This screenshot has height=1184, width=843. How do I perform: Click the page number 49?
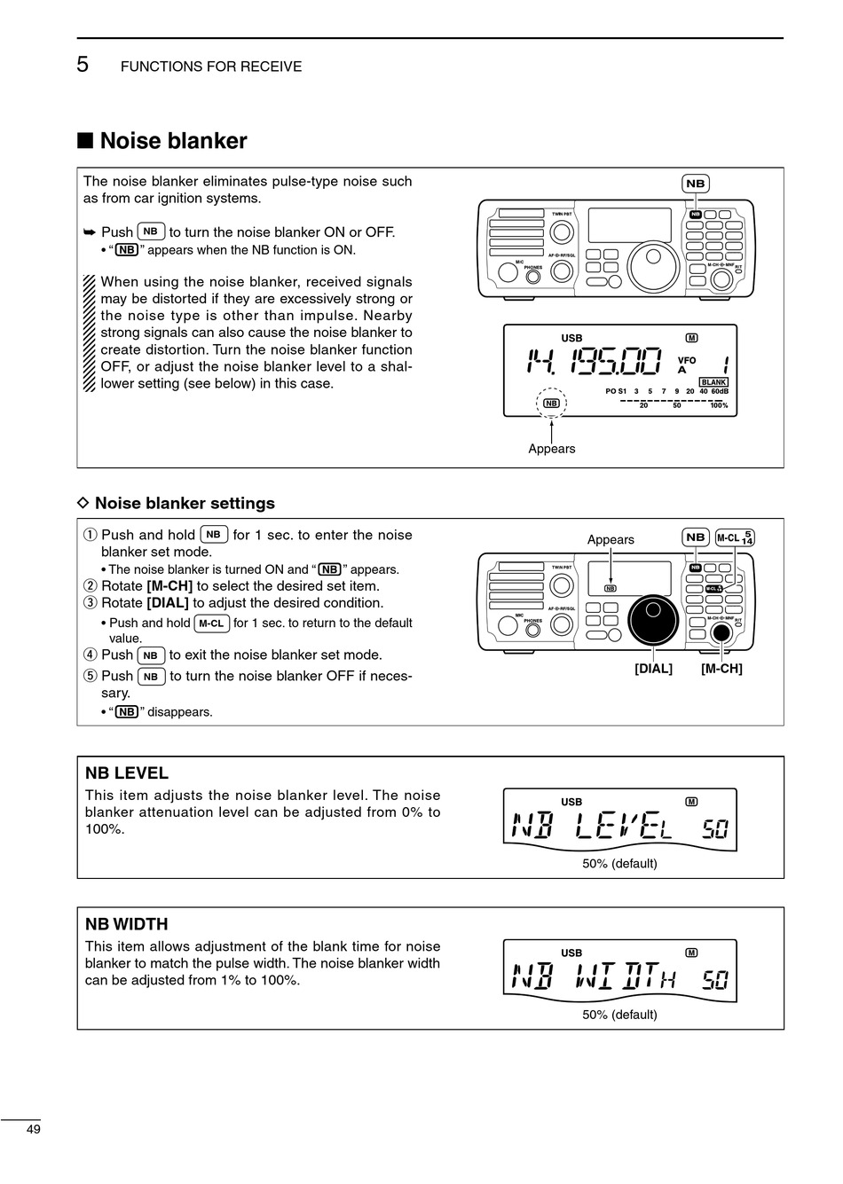34,1129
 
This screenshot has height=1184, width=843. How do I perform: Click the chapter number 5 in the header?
83,65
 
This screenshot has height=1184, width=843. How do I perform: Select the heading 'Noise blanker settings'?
185,503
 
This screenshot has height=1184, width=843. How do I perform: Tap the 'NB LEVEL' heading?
127,772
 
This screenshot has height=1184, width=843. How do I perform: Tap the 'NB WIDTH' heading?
127,923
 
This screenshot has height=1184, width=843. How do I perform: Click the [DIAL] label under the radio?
653,668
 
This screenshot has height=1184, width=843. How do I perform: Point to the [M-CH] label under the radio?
721,668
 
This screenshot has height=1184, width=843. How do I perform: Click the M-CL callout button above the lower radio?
735,537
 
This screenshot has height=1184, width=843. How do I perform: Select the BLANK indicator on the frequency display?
713,382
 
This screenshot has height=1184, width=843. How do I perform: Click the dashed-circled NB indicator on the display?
551,403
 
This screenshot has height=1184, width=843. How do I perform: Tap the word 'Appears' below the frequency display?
551,449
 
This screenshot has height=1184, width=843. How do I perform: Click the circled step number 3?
90,603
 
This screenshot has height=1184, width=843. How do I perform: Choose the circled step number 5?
90,676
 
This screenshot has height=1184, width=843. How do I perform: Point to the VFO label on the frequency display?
687,360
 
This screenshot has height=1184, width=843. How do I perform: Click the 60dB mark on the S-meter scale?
719,391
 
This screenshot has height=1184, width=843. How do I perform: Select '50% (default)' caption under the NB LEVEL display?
619,863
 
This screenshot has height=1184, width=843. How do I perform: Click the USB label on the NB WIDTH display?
571,953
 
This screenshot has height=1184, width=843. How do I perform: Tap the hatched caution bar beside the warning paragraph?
89,333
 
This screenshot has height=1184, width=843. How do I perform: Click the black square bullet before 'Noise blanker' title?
85,141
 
